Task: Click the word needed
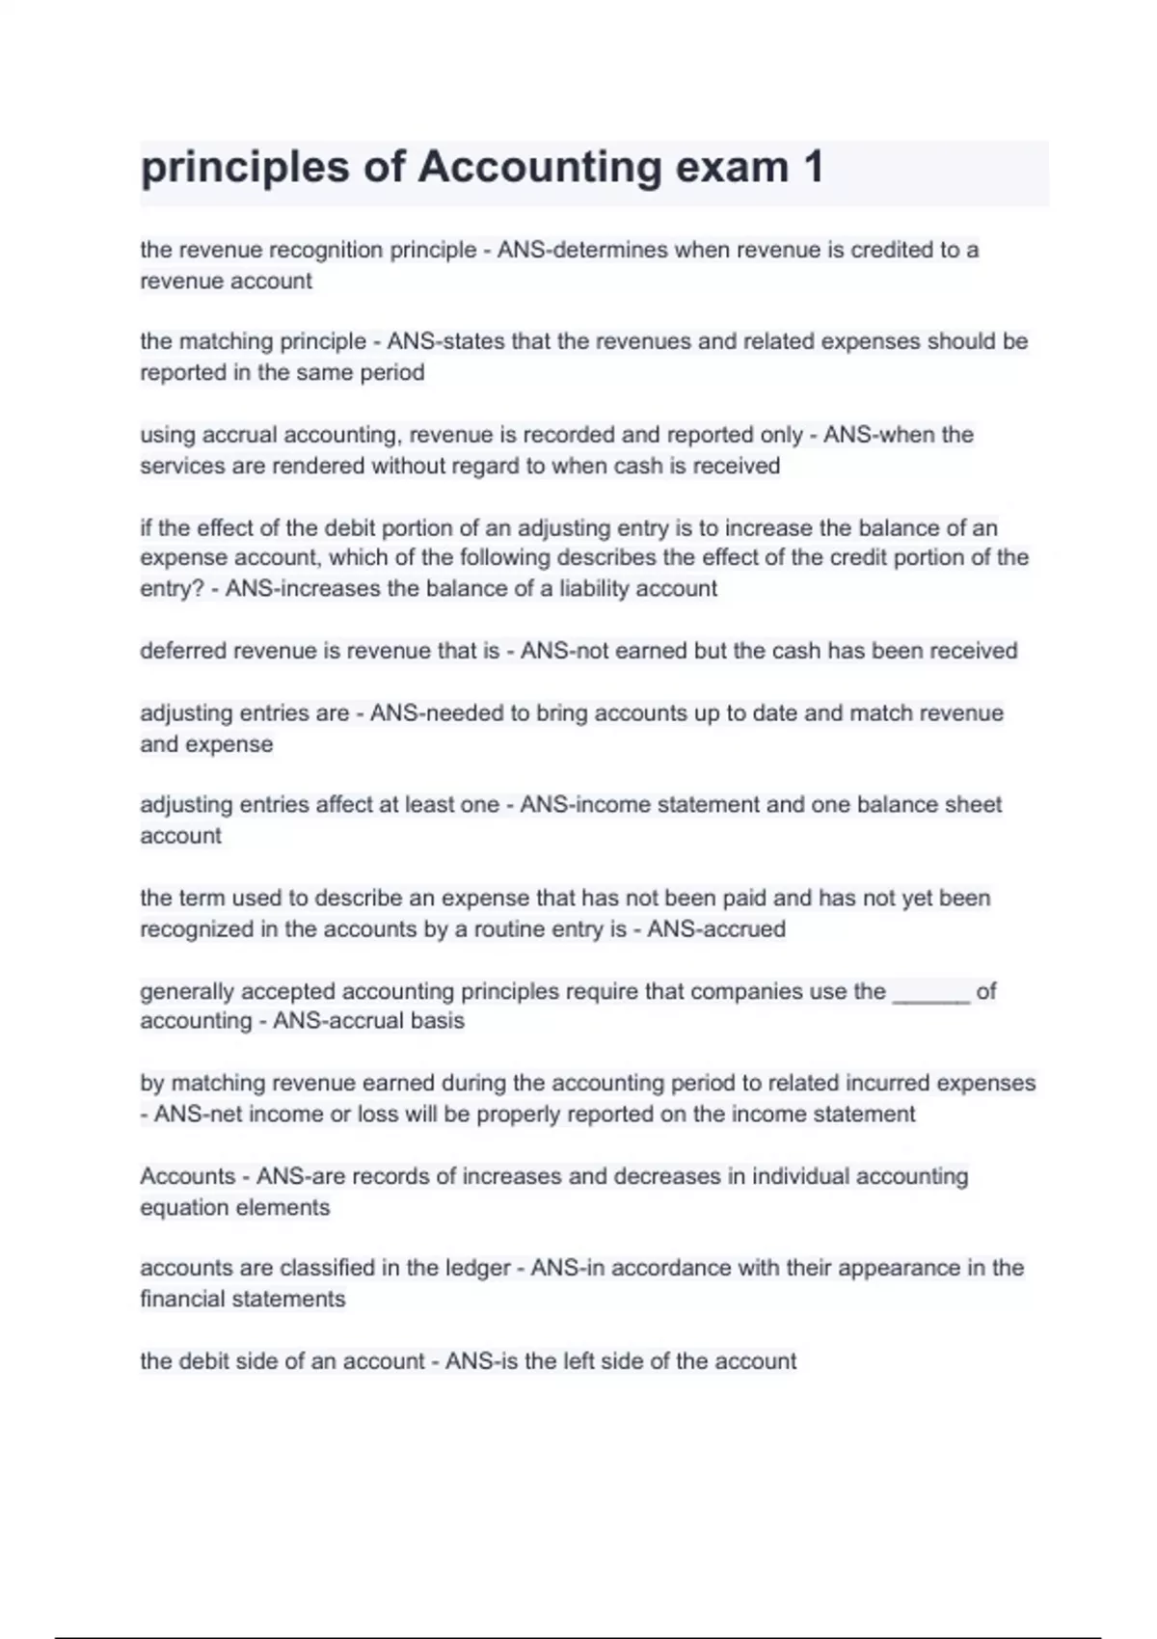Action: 468,713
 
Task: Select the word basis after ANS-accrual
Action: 440,1020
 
